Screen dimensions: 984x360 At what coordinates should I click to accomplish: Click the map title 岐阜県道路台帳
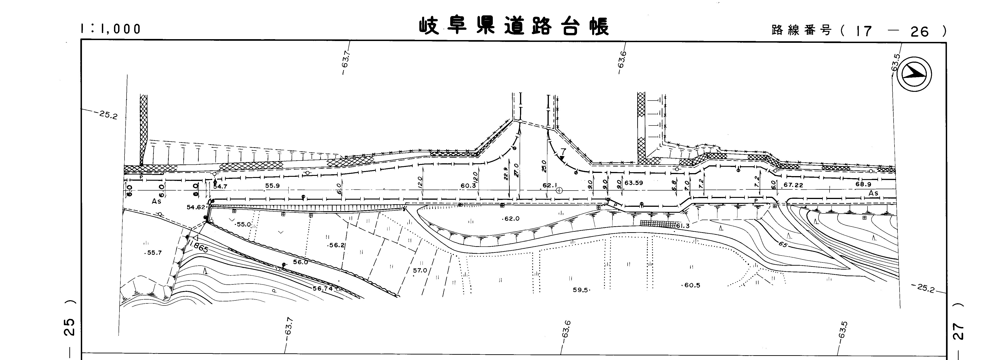click(x=514, y=26)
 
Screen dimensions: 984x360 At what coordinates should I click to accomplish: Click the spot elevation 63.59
click(x=634, y=183)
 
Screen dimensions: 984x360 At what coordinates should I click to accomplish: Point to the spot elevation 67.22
click(x=793, y=185)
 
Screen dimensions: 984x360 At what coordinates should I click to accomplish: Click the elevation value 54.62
click(x=196, y=207)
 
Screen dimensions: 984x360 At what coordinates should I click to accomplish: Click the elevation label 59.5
click(x=581, y=290)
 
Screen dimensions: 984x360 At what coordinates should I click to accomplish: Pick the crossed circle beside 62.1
click(x=559, y=190)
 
